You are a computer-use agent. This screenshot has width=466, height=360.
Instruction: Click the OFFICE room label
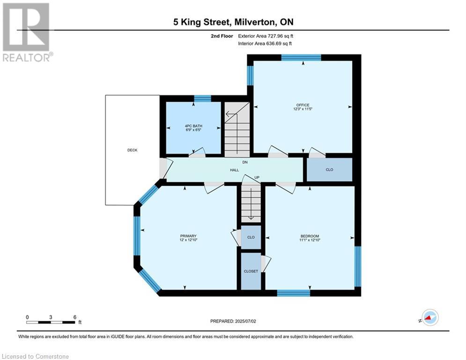[303, 105]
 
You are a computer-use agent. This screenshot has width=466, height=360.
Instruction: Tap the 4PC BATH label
[193, 126]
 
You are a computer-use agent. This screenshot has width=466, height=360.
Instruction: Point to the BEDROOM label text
[310, 236]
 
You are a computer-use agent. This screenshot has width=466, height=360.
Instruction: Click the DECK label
[132, 150]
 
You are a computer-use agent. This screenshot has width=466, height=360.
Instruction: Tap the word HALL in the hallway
[235, 170]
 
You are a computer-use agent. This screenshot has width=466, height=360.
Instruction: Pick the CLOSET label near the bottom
[251, 271]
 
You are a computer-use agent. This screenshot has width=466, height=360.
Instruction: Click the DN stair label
[245, 162]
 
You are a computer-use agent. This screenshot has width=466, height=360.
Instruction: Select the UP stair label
[257, 177]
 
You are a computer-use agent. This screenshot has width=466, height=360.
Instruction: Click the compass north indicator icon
[430, 317]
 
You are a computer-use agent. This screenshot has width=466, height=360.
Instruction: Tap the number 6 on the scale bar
[74, 317]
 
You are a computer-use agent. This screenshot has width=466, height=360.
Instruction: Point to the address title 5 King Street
[201, 22]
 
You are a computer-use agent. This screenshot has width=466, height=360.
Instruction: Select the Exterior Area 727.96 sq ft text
[266, 36]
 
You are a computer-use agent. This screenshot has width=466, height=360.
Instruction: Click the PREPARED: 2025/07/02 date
[233, 321]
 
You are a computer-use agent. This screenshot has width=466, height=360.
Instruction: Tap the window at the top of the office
[301, 58]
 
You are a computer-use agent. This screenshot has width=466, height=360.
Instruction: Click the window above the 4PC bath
[203, 98]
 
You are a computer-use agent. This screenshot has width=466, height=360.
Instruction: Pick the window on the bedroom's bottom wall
[293, 293]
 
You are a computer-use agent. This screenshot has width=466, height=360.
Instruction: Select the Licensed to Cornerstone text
[35, 356]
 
